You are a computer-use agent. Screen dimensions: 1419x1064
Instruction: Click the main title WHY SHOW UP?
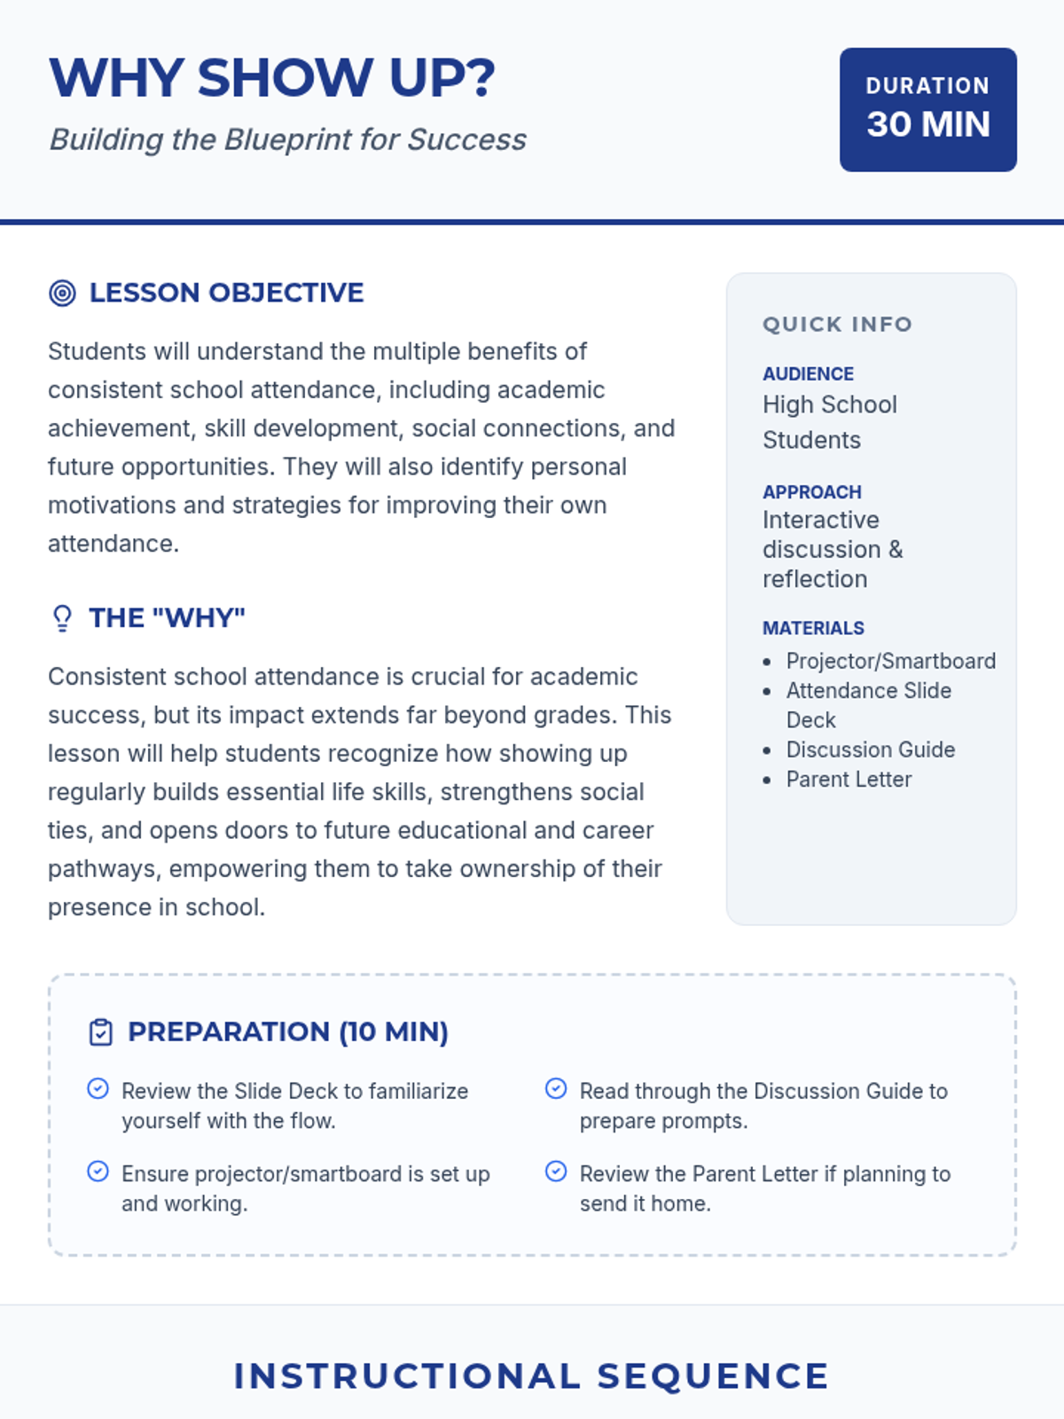coord(271,78)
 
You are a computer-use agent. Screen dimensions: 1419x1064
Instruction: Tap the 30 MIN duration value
coord(927,125)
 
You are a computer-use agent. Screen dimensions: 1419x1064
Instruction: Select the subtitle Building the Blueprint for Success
coord(287,140)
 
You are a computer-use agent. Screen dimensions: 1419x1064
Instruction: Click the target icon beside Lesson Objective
coord(62,293)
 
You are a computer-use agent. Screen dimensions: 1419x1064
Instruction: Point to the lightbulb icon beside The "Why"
coord(62,618)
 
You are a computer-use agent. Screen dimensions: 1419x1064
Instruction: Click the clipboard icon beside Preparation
coord(101,1032)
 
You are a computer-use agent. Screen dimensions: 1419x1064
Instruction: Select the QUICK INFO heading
coord(837,325)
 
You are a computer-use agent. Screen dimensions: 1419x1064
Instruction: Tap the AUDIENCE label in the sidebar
coord(808,374)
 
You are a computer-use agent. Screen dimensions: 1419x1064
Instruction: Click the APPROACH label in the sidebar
coord(811,492)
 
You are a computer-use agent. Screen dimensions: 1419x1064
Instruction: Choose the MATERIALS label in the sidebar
coord(813,629)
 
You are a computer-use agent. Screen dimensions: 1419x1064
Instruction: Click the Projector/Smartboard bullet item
coord(890,662)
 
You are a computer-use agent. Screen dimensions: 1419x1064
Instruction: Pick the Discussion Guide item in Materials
coord(870,750)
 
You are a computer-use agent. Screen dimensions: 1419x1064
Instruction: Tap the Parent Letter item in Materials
coord(849,780)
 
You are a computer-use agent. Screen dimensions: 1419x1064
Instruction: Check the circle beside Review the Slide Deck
coord(98,1089)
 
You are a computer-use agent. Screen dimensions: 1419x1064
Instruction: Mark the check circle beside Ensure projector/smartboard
coord(98,1172)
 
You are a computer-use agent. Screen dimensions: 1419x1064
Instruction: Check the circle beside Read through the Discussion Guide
coord(556,1089)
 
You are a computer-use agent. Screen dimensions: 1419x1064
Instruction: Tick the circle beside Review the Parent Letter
coord(556,1172)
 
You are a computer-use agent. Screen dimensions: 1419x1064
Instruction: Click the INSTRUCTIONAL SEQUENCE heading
coord(531,1376)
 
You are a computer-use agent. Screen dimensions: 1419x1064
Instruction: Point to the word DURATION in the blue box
coord(927,86)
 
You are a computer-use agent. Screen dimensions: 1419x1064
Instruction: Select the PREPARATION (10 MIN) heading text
coord(288,1032)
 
